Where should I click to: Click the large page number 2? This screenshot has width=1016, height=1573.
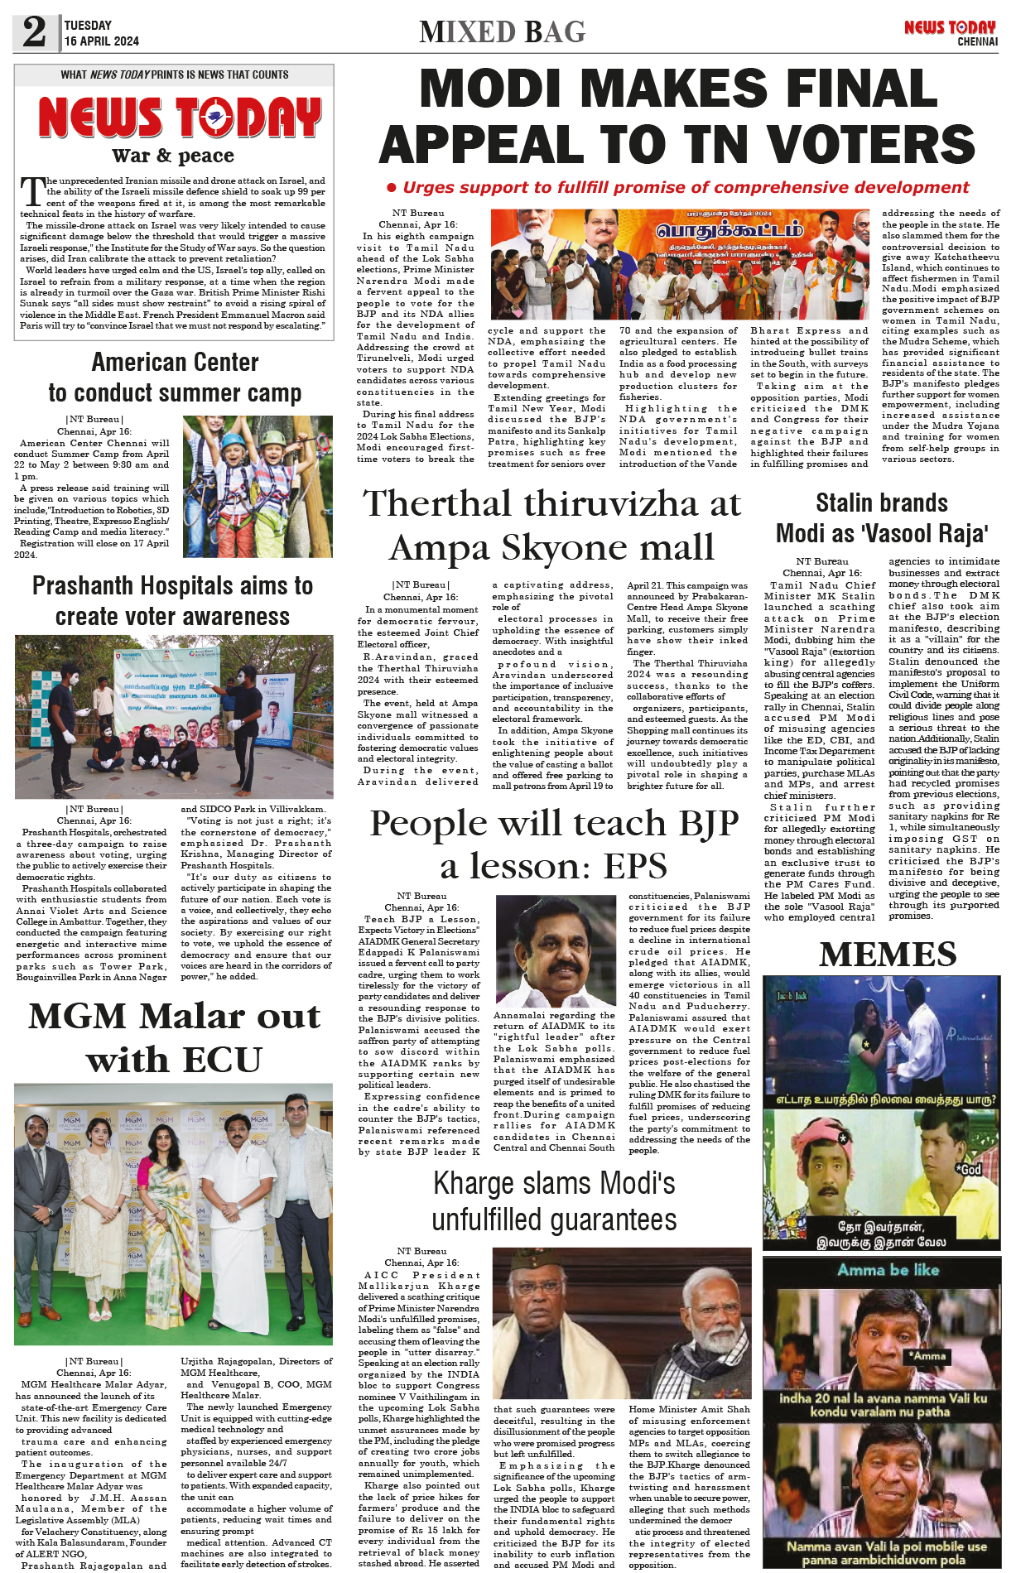tap(34, 32)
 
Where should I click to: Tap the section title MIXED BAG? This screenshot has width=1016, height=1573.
tap(502, 32)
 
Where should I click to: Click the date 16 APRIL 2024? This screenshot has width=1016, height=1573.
tap(101, 41)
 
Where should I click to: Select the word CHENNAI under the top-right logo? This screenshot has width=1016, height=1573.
tap(977, 41)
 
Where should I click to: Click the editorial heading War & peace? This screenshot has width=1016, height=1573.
tap(173, 156)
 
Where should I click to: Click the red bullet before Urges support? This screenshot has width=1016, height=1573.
tap(392, 188)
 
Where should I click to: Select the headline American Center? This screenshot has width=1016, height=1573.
tap(175, 363)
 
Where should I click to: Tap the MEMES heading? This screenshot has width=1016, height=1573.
tap(888, 955)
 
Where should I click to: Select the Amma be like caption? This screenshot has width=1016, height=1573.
tap(888, 1270)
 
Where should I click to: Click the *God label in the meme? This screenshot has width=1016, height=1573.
tap(970, 1169)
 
